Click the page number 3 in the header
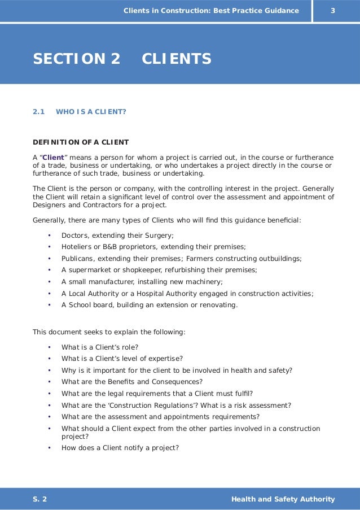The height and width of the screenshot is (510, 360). pos(333,11)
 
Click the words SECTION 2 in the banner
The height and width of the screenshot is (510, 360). pos(77,59)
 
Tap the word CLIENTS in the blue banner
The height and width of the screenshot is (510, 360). pos(177,59)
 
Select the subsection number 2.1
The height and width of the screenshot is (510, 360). pos(38,112)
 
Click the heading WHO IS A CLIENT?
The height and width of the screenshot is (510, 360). pos(91,112)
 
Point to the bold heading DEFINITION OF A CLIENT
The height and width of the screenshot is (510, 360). pos(81,142)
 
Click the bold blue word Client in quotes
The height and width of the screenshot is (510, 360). pos(54,157)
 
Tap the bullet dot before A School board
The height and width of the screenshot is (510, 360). pos(49,305)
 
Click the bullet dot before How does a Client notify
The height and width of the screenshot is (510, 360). pos(49,448)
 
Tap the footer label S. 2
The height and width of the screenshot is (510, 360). pos(40,499)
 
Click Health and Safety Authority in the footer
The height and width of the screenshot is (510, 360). pos(283,499)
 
